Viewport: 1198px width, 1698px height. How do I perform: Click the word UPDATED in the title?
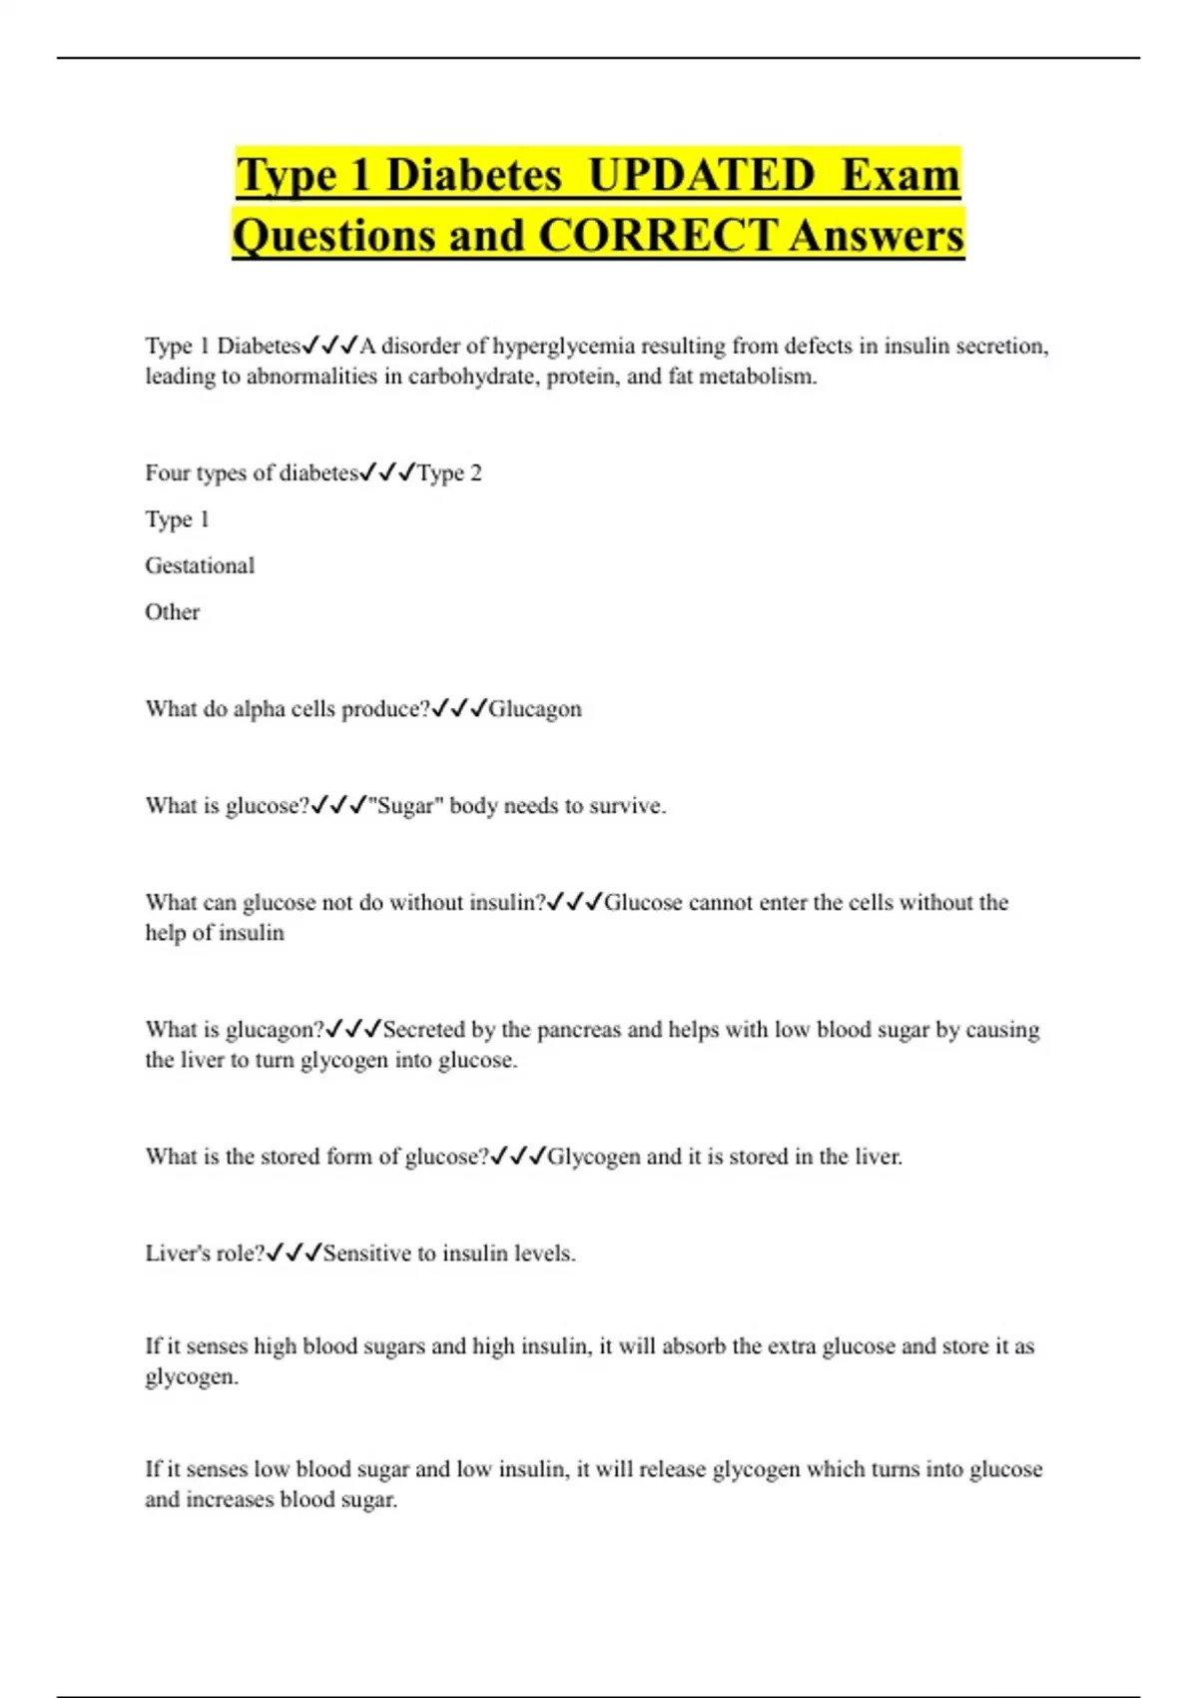(x=701, y=175)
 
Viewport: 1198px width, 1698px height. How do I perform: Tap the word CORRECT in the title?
(x=657, y=236)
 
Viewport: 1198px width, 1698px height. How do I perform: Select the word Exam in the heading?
(x=900, y=175)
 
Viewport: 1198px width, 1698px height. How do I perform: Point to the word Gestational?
(x=200, y=565)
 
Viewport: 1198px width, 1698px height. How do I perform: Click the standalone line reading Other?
(x=172, y=612)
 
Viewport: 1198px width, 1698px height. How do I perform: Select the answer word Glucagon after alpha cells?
(x=534, y=709)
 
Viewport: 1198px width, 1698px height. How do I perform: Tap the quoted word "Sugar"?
(x=405, y=806)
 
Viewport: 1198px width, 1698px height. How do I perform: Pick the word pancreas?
(x=577, y=1030)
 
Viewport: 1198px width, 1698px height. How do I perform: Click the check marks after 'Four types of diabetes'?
(x=387, y=472)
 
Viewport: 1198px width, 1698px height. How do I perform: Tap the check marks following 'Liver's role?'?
(x=294, y=1254)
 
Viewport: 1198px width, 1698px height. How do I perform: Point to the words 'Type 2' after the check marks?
(x=449, y=473)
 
